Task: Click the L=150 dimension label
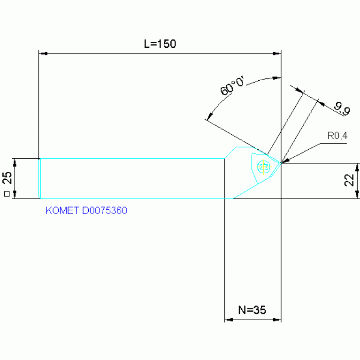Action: click(x=160, y=44)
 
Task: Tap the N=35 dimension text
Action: click(x=252, y=310)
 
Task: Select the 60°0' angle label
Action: click(x=233, y=86)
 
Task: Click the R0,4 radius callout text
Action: click(x=337, y=136)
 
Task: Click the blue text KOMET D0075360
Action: click(x=86, y=211)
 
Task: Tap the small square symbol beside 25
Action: click(x=7, y=193)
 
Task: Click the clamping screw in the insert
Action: click(x=264, y=166)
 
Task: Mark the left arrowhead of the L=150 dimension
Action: click(x=42, y=54)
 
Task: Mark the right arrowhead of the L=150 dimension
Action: click(x=277, y=54)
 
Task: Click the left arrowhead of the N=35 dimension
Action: click(x=229, y=320)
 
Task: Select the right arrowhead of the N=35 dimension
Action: click(x=277, y=320)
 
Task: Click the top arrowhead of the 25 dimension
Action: click(x=15, y=162)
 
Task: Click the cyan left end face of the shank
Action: click(x=40, y=178)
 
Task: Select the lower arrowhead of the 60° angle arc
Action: click(x=208, y=117)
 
